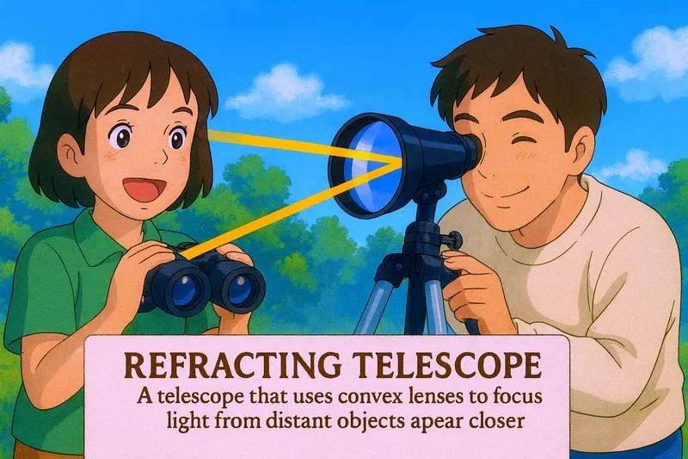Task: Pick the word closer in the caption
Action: tap(501, 424)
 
